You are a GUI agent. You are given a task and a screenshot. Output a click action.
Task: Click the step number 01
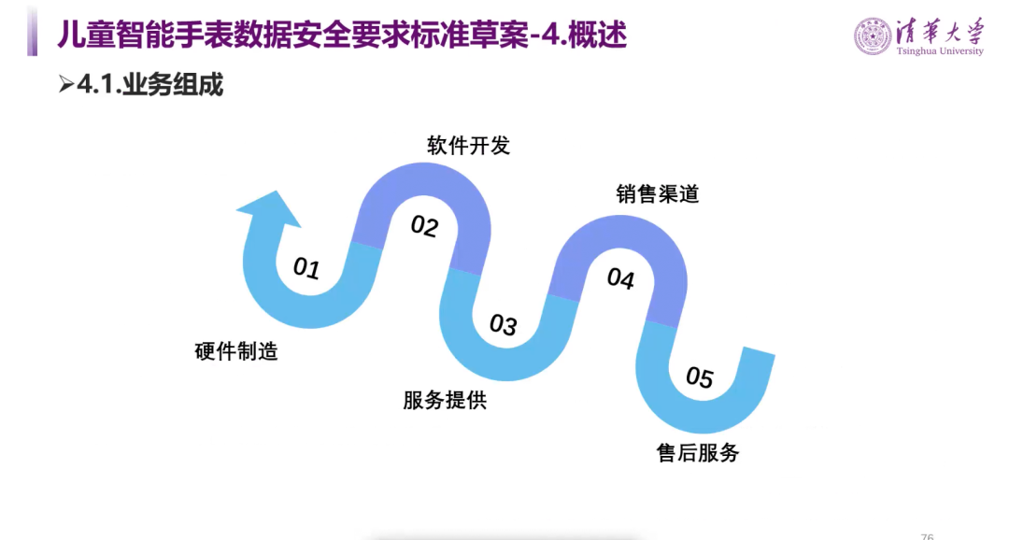pos(306,269)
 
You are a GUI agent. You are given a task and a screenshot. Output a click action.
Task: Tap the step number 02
pos(424,226)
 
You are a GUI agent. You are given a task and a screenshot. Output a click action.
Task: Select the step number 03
pos(503,325)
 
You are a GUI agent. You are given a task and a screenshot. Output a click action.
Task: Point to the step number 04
pos(620,278)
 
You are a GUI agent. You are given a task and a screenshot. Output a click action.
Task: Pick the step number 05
pos(699,377)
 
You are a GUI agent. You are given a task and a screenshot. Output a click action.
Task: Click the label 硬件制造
pos(236,352)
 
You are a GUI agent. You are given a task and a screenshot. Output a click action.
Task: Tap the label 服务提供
pos(445,401)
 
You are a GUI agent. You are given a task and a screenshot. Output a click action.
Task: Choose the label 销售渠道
pos(658,194)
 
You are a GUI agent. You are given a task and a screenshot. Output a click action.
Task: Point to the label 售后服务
pos(698,453)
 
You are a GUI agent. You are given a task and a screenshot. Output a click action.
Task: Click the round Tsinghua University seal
pos(873,36)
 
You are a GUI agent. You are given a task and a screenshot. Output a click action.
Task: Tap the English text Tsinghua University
pos(941,52)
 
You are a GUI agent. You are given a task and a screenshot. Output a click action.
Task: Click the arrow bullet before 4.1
pos(65,85)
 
